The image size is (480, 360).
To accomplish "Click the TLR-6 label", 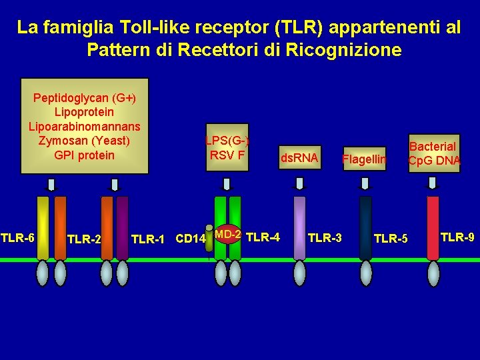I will pos(17,237).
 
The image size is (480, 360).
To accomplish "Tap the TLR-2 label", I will pos(84,239).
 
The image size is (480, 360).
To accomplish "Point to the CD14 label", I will pos(189,239).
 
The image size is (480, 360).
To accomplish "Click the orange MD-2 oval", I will pos(227,234).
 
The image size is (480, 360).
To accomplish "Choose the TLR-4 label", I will pos(263,236).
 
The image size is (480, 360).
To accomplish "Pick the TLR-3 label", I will pos(325,237).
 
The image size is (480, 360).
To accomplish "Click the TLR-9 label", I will pos(457,237).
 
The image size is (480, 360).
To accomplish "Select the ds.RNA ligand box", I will pos(299,158).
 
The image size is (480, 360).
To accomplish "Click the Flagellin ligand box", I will pos(364,159).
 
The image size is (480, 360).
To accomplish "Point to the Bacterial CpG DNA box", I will pos(433,153).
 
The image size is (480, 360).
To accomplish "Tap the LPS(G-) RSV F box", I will pos(227,148).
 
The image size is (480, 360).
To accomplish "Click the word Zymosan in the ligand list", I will pos(65,141).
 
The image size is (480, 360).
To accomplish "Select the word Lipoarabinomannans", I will pos(85,127).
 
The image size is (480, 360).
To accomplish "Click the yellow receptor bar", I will pos(43,227).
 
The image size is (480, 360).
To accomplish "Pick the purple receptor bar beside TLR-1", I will pos(122,227).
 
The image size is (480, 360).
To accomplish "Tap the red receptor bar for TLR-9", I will pos(433,227).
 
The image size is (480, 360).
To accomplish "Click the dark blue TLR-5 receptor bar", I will pos(365,227).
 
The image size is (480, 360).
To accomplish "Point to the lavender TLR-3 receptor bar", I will pos(300,227).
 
